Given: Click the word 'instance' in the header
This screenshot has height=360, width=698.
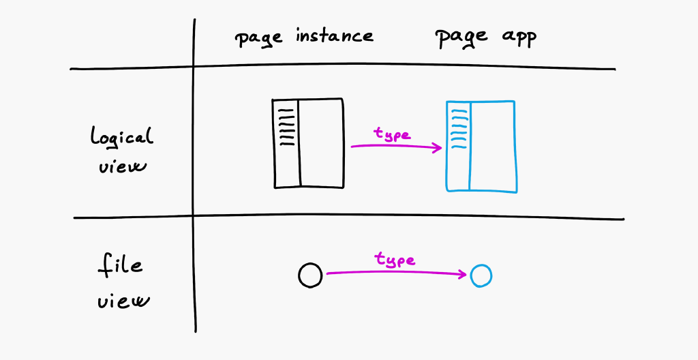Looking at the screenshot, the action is (x=334, y=35).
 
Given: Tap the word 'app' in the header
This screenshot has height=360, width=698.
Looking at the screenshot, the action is (x=519, y=38).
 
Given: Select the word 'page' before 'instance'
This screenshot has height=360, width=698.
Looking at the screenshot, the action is (x=258, y=38).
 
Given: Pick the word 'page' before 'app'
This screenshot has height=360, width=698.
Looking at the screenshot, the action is (x=462, y=38).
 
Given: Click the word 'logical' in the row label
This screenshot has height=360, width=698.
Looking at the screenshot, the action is (x=122, y=136).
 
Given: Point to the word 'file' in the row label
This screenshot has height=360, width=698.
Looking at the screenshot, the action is (x=120, y=265).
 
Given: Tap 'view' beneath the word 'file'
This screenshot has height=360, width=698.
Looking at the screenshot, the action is (x=123, y=301).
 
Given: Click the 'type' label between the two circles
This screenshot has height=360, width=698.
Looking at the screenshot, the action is (x=395, y=259).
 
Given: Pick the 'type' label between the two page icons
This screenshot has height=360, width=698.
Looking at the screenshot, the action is (x=392, y=134).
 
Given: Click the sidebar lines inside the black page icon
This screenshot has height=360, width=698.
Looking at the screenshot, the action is (x=286, y=127).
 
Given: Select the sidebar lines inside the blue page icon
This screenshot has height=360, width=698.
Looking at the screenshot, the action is (x=459, y=130).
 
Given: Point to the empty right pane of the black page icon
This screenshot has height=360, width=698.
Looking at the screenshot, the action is (x=322, y=143).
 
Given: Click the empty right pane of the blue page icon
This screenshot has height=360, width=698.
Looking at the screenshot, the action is (x=493, y=147).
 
